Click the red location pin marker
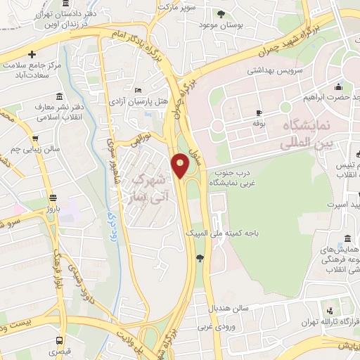181,166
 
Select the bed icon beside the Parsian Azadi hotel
138,91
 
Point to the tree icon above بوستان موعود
221,13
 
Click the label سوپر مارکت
179,6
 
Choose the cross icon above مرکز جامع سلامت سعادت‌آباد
32,54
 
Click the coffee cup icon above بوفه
259,112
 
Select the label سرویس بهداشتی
272,71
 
